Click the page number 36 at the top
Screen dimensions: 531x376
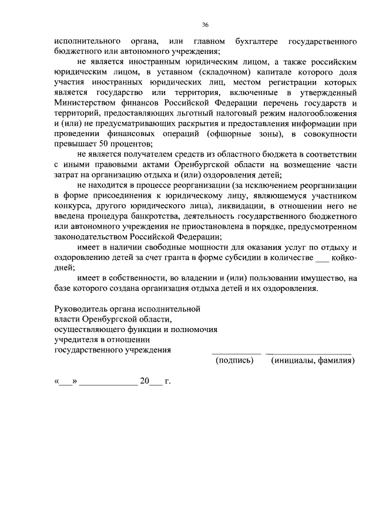(x=205, y=25)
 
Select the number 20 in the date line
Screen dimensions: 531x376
(x=145, y=381)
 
